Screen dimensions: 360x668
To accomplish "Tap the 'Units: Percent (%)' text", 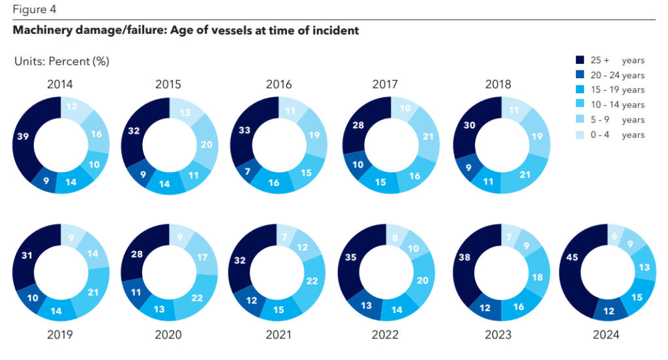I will pyautogui.click(x=61, y=61).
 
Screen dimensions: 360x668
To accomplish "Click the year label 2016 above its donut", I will pyautogui.click(x=279, y=85).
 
